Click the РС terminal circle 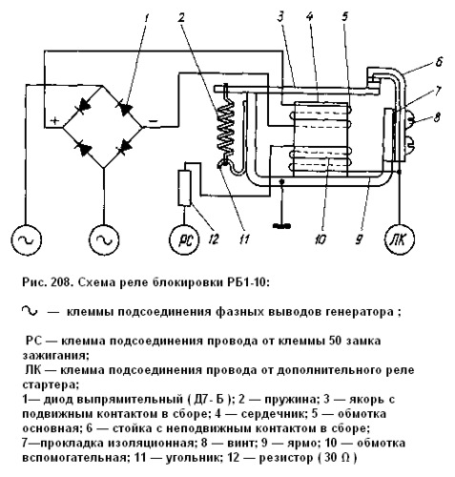184,239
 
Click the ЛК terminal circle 400,239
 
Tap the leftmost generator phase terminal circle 27,239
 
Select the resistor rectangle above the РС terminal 184,188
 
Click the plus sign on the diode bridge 55,121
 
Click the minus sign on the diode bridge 153,121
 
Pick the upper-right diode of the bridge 124,108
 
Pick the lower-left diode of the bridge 83,148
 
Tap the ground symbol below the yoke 281,226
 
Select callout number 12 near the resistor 215,239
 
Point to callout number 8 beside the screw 437,117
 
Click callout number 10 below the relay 321,239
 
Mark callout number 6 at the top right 439,61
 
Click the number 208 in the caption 60,282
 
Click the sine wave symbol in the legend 30,311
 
